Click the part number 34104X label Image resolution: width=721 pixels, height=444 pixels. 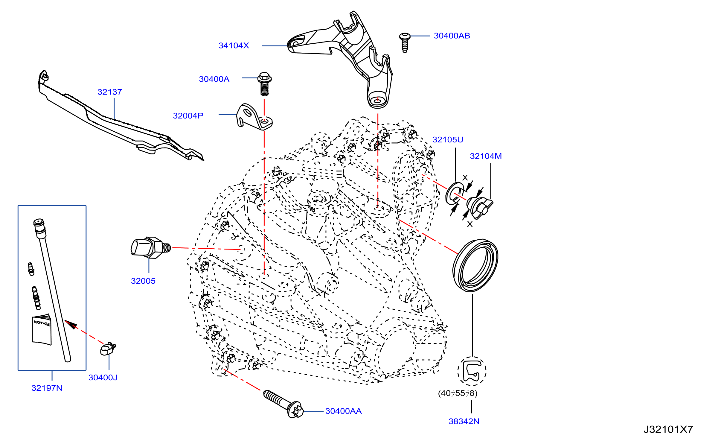(x=234, y=45)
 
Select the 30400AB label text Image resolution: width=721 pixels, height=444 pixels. (x=452, y=36)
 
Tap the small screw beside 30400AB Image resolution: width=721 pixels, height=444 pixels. (x=405, y=42)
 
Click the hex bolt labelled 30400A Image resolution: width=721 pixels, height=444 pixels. (x=265, y=84)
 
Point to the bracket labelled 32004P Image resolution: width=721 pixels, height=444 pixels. (x=254, y=117)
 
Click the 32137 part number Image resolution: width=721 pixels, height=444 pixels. (x=110, y=92)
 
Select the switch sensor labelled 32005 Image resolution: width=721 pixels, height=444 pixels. (x=151, y=248)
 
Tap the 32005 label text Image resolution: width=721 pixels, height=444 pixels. (x=143, y=281)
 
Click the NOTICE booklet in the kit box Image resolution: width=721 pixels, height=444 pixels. (x=42, y=329)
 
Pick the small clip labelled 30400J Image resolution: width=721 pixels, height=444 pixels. (x=108, y=349)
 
